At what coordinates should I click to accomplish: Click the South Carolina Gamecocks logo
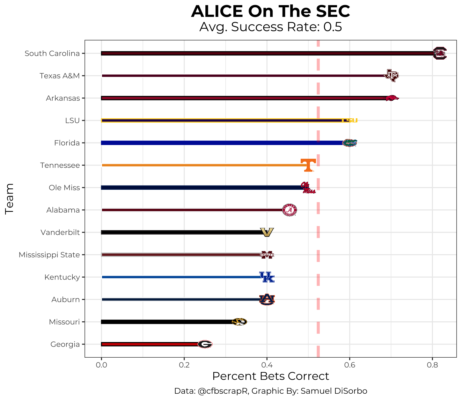pyautogui.click(x=440, y=53)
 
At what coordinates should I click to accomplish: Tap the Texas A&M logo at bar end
pyautogui.click(x=391, y=76)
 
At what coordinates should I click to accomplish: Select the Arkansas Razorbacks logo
pyautogui.click(x=391, y=98)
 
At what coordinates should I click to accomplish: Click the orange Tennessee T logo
pyautogui.click(x=308, y=165)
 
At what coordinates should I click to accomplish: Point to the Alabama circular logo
pyautogui.click(x=290, y=210)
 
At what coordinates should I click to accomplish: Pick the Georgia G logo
pyautogui.click(x=205, y=344)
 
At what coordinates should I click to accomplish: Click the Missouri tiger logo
pyautogui.click(x=239, y=322)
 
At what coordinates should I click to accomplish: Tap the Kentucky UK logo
pyautogui.click(x=267, y=277)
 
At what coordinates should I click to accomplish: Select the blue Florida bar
pyautogui.click(x=220, y=143)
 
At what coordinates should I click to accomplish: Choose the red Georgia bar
pyautogui.click(x=150, y=344)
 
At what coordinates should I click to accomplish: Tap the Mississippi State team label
pyautogui.click(x=49, y=255)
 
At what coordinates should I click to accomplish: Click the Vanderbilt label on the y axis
pyautogui.click(x=60, y=232)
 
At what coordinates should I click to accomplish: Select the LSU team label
pyautogui.click(x=72, y=120)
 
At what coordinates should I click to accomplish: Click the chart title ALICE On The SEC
pyautogui.click(x=270, y=11)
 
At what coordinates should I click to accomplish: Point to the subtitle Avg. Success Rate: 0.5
pyautogui.click(x=270, y=27)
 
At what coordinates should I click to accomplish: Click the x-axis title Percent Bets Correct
pyautogui.click(x=270, y=376)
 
